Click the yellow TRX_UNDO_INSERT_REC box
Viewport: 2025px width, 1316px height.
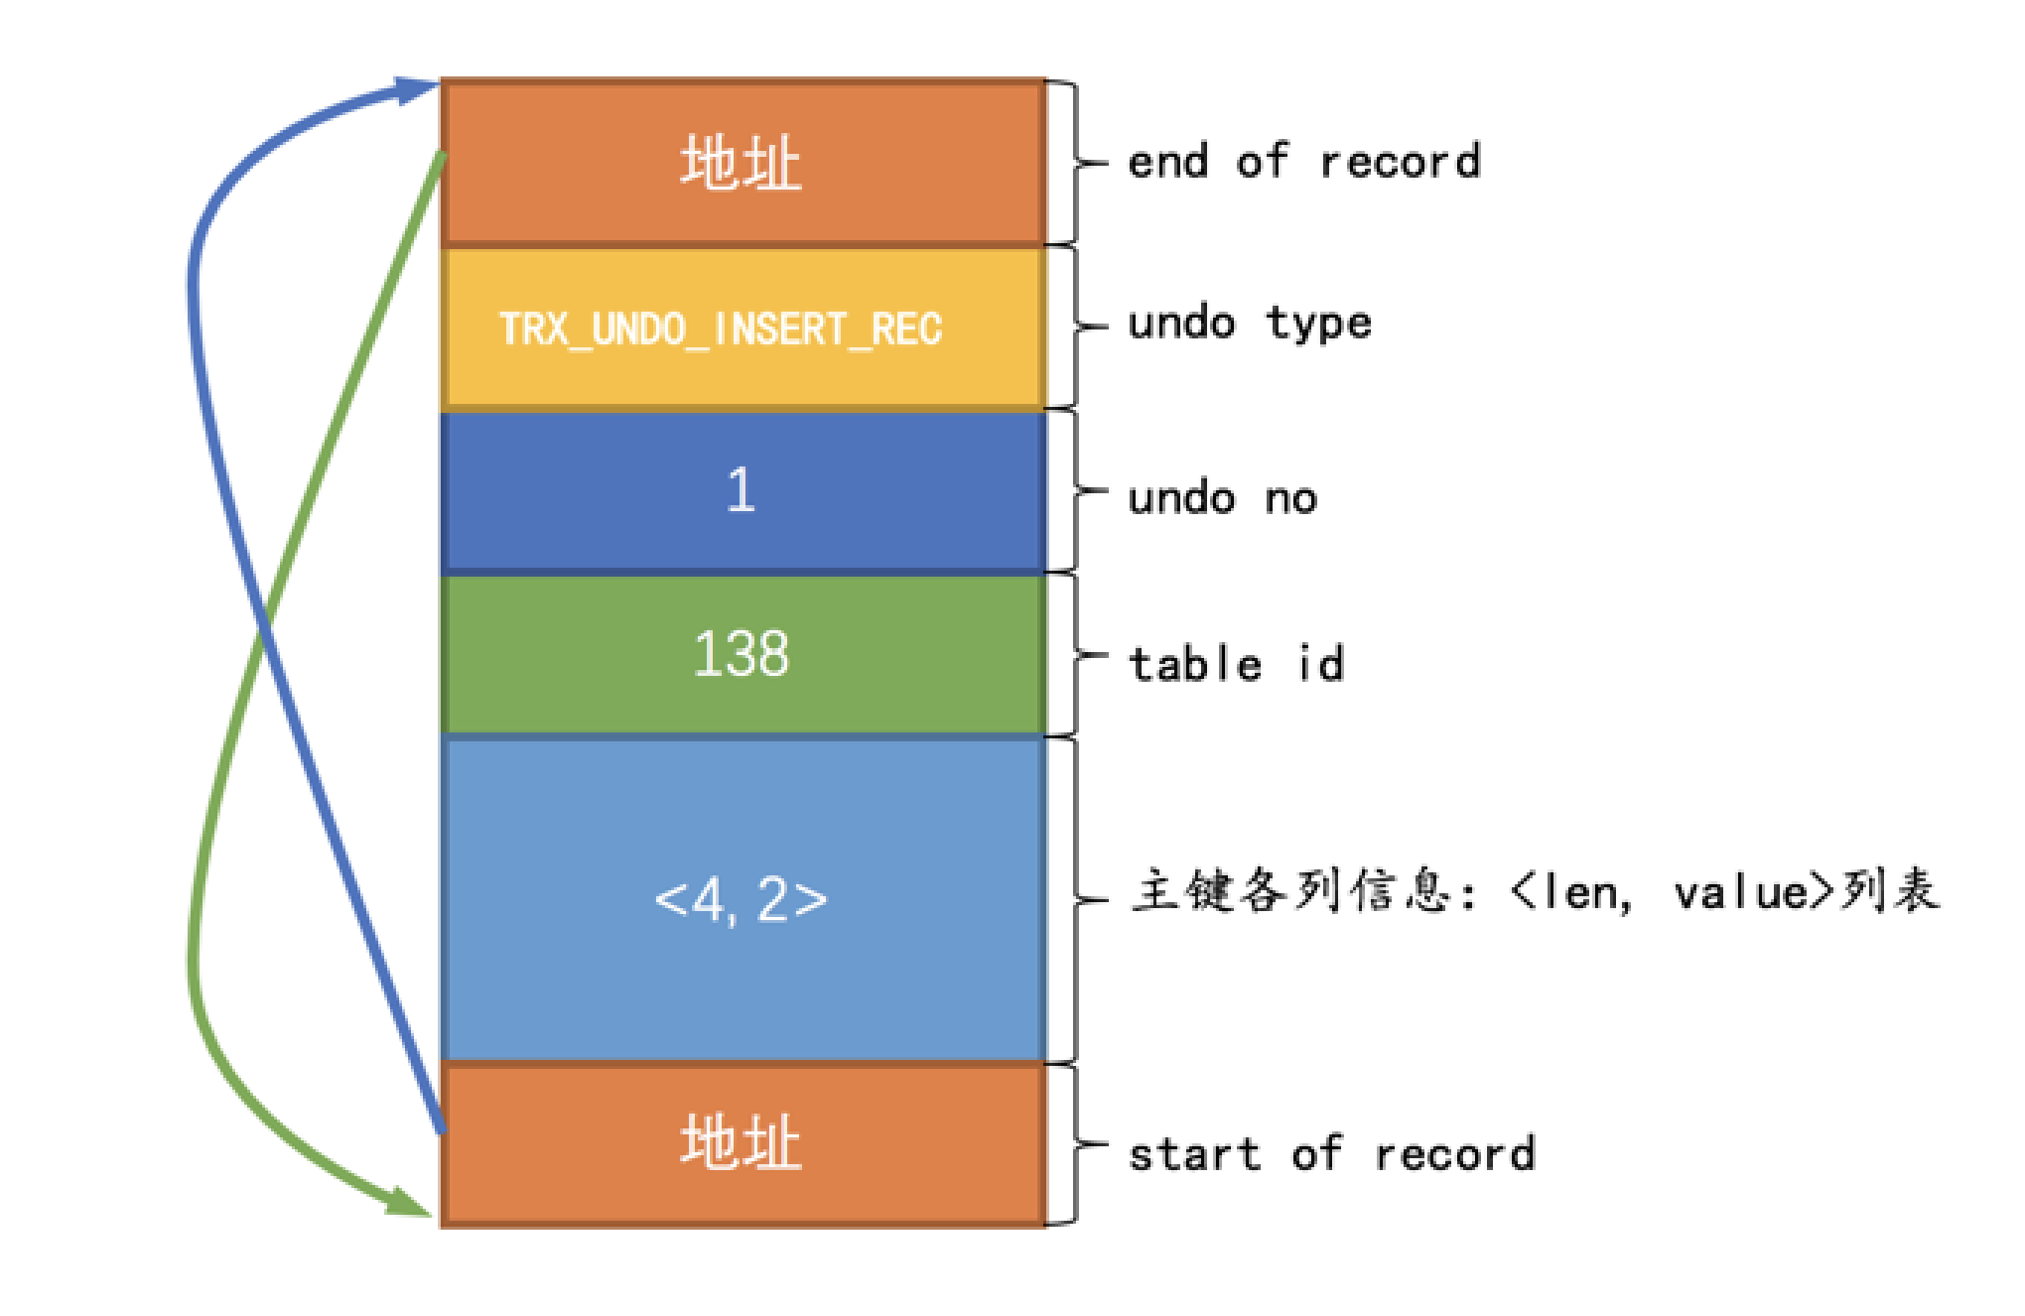click(742, 328)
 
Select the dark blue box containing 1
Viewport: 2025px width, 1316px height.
click(742, 491)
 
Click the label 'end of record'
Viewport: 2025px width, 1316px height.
click(1303, 162)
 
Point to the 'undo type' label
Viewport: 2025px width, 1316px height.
click(1250, 324)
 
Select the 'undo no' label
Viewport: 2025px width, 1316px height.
click(1222, 497)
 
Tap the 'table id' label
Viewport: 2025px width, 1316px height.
click(1237, 664)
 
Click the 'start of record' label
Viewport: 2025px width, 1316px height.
click(1331, 1154)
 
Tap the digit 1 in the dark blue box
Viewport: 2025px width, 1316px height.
click(741, 490)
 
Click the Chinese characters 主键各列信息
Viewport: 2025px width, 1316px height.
click(1289, 890)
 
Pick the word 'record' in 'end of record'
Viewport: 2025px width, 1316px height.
click(1400, 162)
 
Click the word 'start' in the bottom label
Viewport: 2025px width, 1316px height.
click(1194, 1154)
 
